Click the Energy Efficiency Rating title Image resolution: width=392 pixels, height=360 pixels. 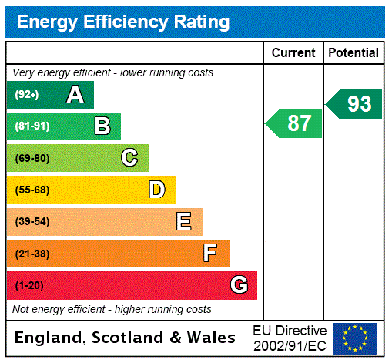[123, 22]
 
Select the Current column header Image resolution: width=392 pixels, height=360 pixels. [293, 53]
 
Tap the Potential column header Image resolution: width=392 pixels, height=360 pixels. [353, 53]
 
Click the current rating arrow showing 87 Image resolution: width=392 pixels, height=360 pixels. [295, 123]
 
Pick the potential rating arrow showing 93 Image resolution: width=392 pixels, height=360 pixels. [355, 104]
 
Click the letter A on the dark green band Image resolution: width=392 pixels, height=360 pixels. [75, 95]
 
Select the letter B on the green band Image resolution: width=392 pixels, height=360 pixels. [102, 126]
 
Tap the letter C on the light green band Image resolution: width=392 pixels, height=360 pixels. [129, 158]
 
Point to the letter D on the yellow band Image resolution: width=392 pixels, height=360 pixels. [156, 190]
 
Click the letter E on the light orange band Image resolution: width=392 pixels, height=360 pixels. [184, 222]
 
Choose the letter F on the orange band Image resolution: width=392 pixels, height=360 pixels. [210, 254]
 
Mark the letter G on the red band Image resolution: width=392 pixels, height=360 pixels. [239, 285]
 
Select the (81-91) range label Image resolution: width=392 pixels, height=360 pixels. [32, 126]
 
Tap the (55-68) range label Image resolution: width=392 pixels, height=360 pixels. [32, 190]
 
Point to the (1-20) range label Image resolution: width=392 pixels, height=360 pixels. [29, 285]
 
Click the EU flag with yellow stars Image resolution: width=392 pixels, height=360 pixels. [355, 338]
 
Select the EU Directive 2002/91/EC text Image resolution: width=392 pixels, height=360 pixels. [290, 338]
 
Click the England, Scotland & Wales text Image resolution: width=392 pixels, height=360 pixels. [126, 338]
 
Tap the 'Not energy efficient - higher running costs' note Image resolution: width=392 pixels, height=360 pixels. [112, 309]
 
